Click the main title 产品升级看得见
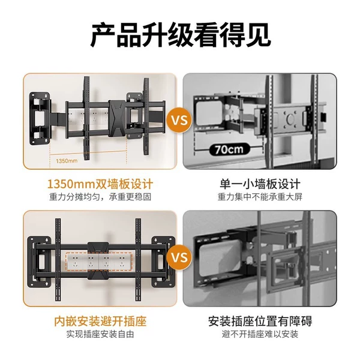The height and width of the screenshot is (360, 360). click(181, 35)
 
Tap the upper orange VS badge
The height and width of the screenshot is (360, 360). click(180, 121)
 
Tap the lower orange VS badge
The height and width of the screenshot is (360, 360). click(180, 257)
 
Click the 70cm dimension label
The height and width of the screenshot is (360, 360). click(229, 149)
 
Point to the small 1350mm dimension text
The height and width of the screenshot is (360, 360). click(67, 161)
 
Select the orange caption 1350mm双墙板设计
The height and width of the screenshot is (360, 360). click(100, 184)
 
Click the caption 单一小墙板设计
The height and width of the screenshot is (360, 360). click(260, 184)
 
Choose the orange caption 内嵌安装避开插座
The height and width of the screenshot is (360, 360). click(100, 321)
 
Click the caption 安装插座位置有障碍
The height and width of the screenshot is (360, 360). click(260, 321)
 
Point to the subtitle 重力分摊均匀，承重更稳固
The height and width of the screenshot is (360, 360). click(100, 197)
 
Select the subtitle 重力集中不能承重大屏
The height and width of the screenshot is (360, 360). click(260, 197)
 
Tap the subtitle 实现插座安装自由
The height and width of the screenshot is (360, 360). click(100, 334)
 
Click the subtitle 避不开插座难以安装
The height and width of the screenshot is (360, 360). click(260, 334)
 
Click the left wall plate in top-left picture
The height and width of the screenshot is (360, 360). click(40, 118)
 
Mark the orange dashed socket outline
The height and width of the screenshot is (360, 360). click(99, 262)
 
